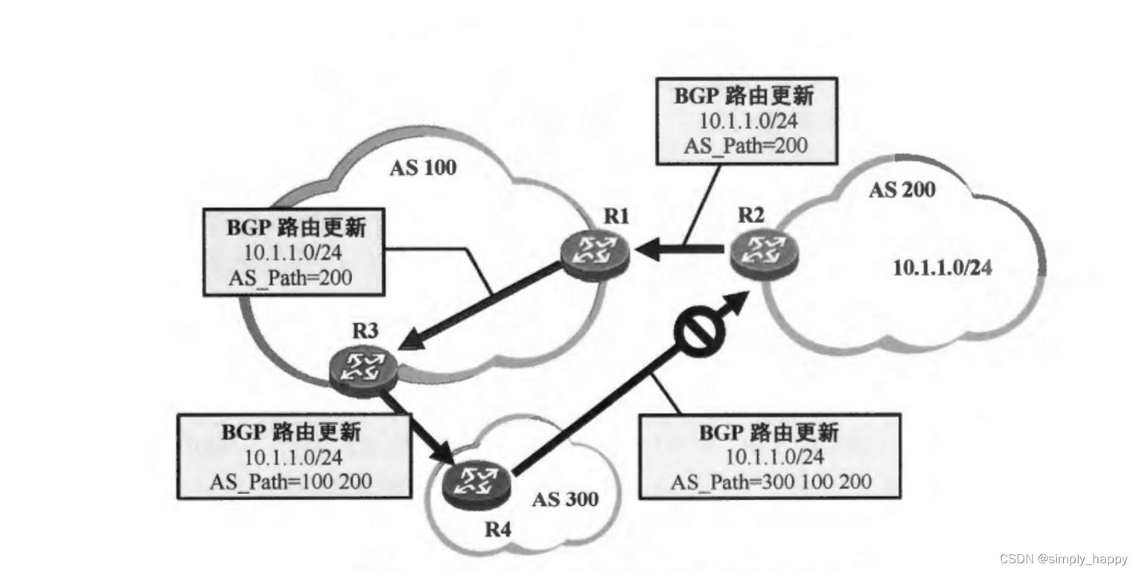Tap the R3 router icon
click(x=363, y=368)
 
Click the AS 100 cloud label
click(x=423, y=168)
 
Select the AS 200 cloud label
click(x=902, y=190)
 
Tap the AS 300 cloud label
click(x=565, y=499)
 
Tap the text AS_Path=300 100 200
click(x=771, y=481)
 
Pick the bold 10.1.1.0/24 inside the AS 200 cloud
click(x=942, y=268)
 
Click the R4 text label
click(x=498, y=530)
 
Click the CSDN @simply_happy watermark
click(x=1063, y=559)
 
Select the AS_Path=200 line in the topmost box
click(x=745, y=145)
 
